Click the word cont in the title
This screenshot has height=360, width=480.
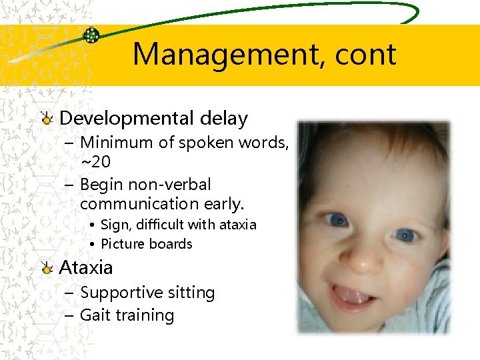[363, 54]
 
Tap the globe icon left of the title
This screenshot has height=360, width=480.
[91, 35]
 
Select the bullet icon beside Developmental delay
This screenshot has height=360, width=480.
[46, 119]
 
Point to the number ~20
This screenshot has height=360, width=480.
[95, 161]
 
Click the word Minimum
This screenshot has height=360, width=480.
[115, 142]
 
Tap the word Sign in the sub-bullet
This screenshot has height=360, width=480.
[115, 225]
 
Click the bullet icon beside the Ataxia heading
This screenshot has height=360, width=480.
[46, 269]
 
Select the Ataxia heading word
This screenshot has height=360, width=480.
[86, 268]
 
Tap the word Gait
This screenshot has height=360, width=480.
[94, 315]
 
